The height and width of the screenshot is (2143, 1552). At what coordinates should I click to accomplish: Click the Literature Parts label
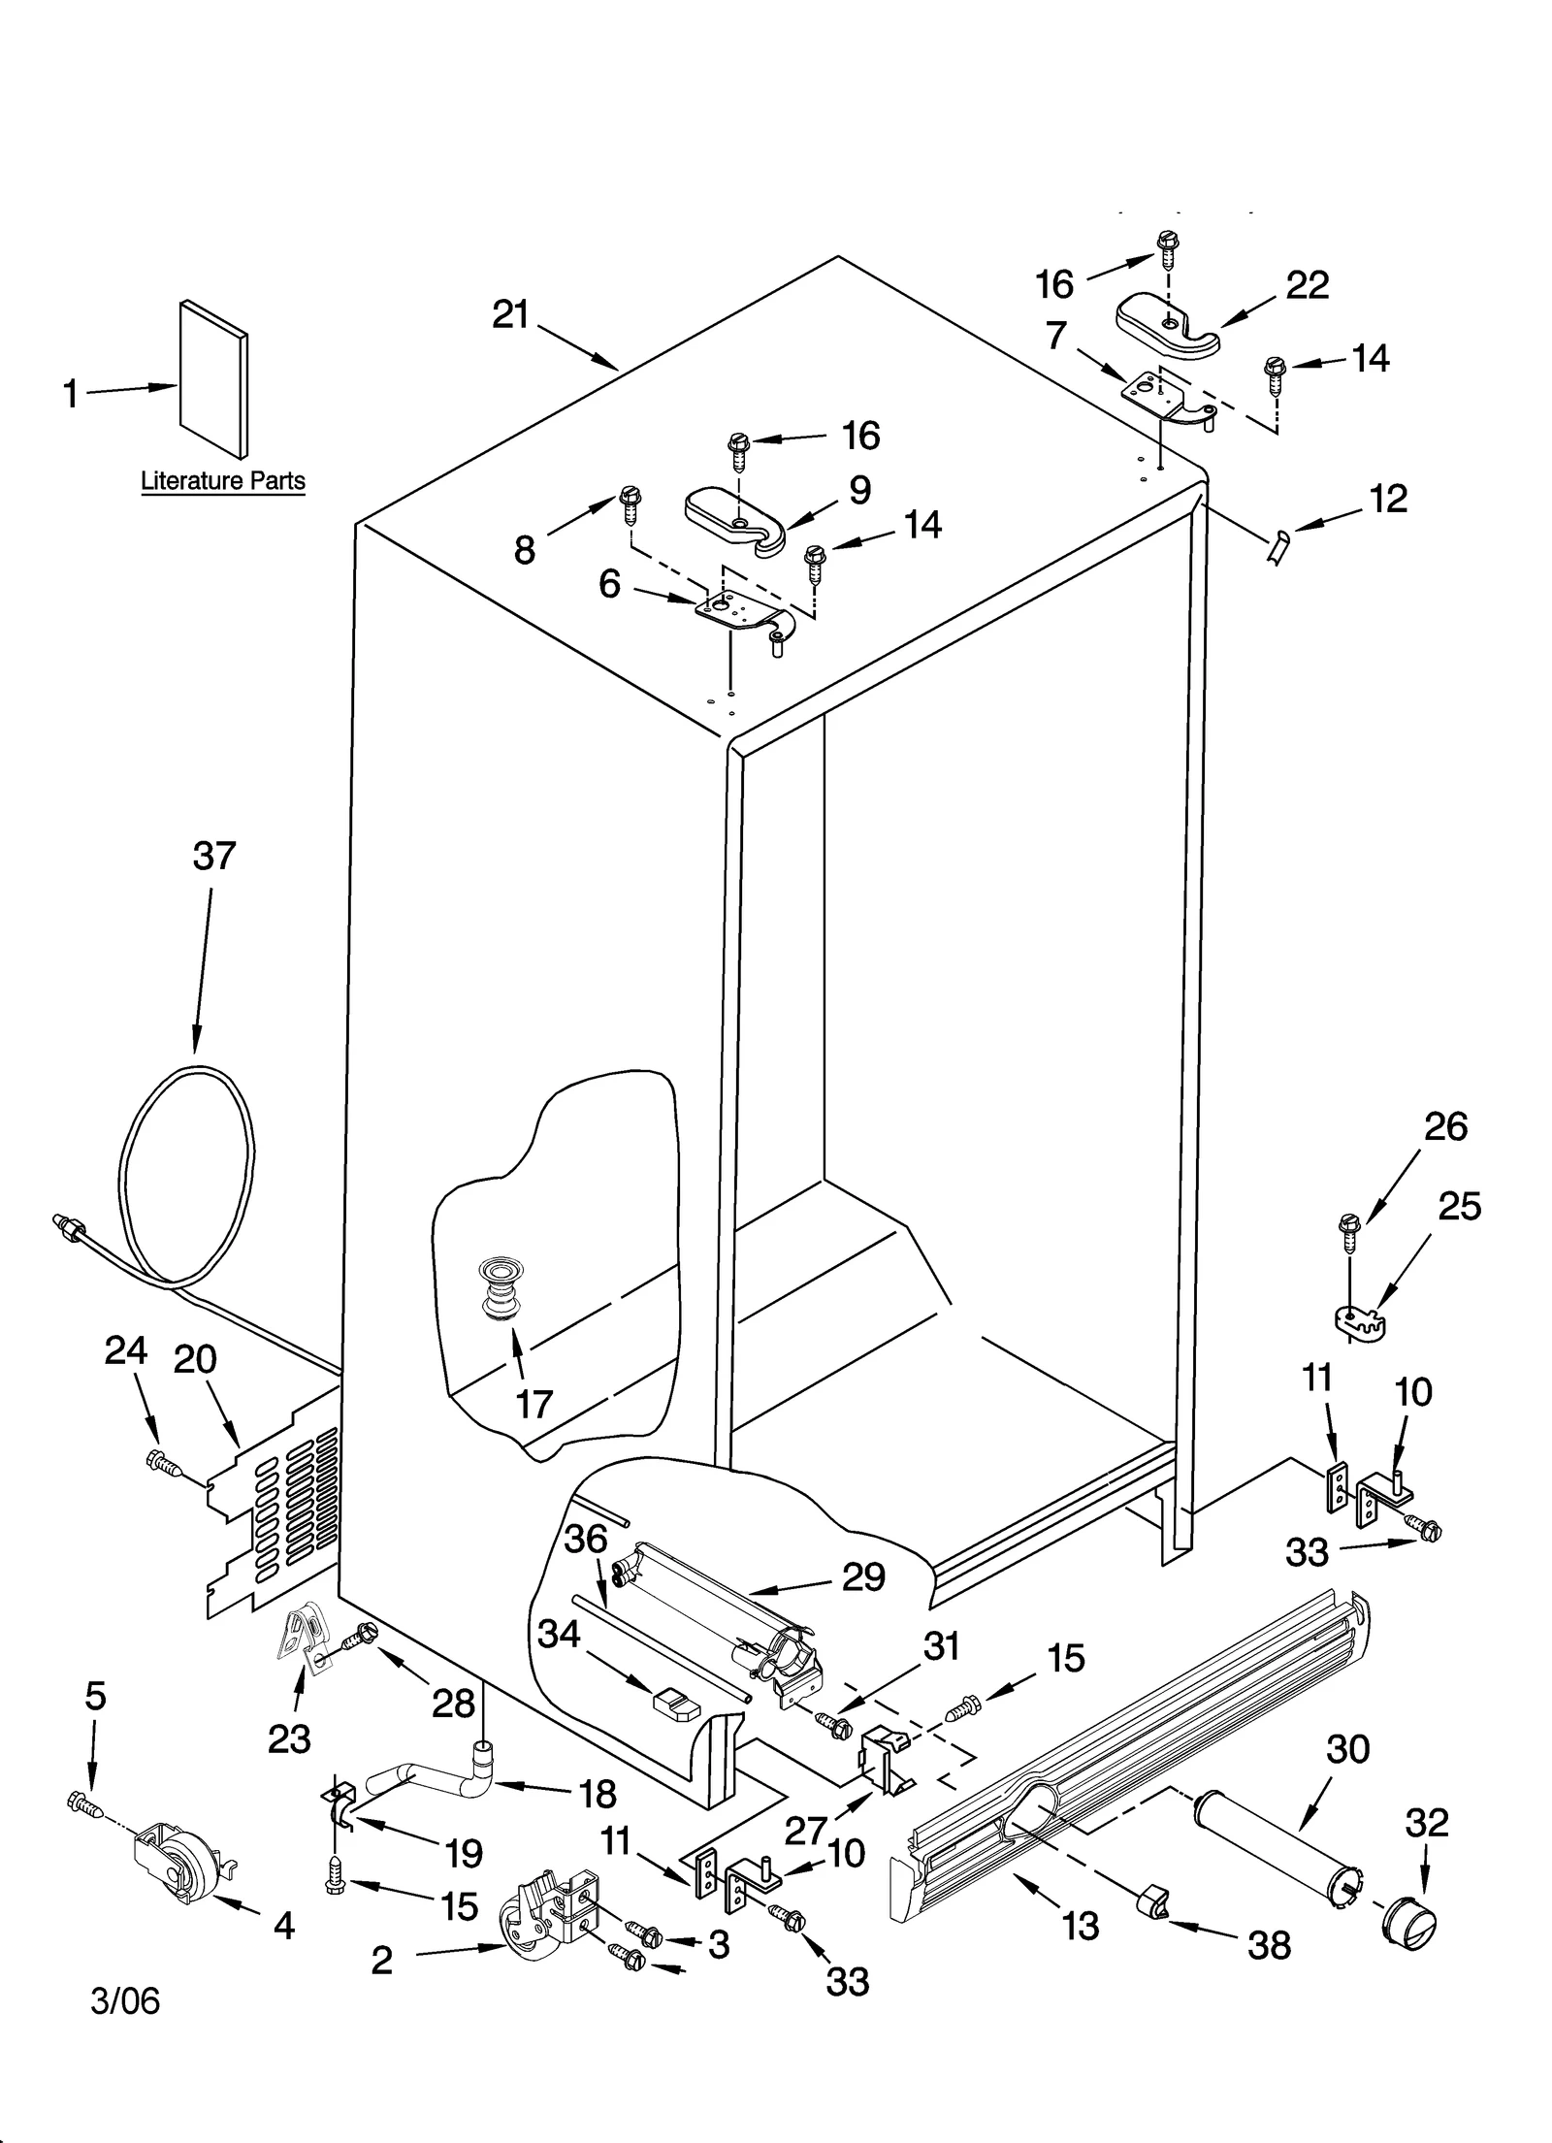pyautogui.click(x=222, y=480)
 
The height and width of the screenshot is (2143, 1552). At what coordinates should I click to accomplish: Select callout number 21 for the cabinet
pyautogui.click(x=510, y=314)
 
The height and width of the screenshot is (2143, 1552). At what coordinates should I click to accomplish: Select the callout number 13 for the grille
pyautogui.click(x=1081, y=1925)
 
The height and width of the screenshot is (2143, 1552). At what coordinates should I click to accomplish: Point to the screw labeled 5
pyautogui.click(x=84, y=1804)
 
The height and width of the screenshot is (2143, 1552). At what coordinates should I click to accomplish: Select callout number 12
pyautogui.click(x=1388, y=499)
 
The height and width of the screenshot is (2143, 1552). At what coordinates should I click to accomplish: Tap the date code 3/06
pyautogui.click(x=125, y=2000)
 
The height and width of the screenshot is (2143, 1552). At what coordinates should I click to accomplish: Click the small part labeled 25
pyautogui.click(x=1356, y=1320)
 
